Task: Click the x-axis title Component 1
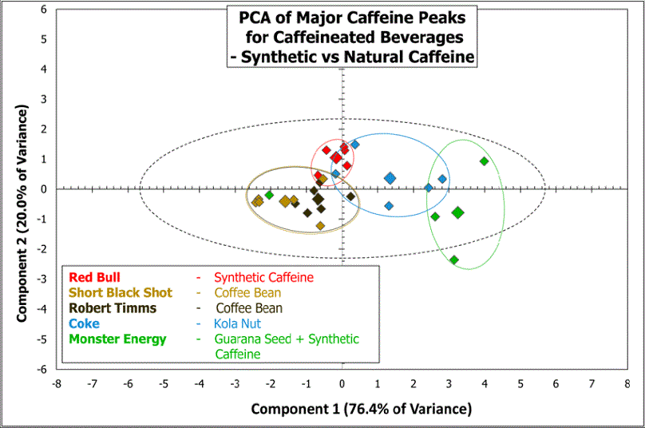pyautogui.click(x=362, y=409)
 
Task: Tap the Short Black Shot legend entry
pyautogui.click(x=121, y=292)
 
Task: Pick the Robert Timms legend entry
pyautogui.click(x=113, y=307)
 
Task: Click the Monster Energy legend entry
pyautogui.click(x=117, y=339)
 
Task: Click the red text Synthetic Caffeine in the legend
pyautogui.click(x=263, y=277)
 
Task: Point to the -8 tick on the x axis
pyautogui.click(x=56, y=383)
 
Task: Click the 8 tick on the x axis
pyautogui.click(x=627, y=383)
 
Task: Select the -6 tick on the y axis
pyautogui.click(x=41, y=369)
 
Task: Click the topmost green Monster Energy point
pyautogui.click(x=484, y=161)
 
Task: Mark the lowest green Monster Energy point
pyautogui.click(x=453, y=260)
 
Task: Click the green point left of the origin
pyautogui.click(x=270, y=195)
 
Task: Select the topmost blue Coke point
pyautogui.click(x=354, y=145)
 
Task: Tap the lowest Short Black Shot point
pyautogui.click(x=320, y=226)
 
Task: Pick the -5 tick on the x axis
pyautogui.click(x=163, y=383)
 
